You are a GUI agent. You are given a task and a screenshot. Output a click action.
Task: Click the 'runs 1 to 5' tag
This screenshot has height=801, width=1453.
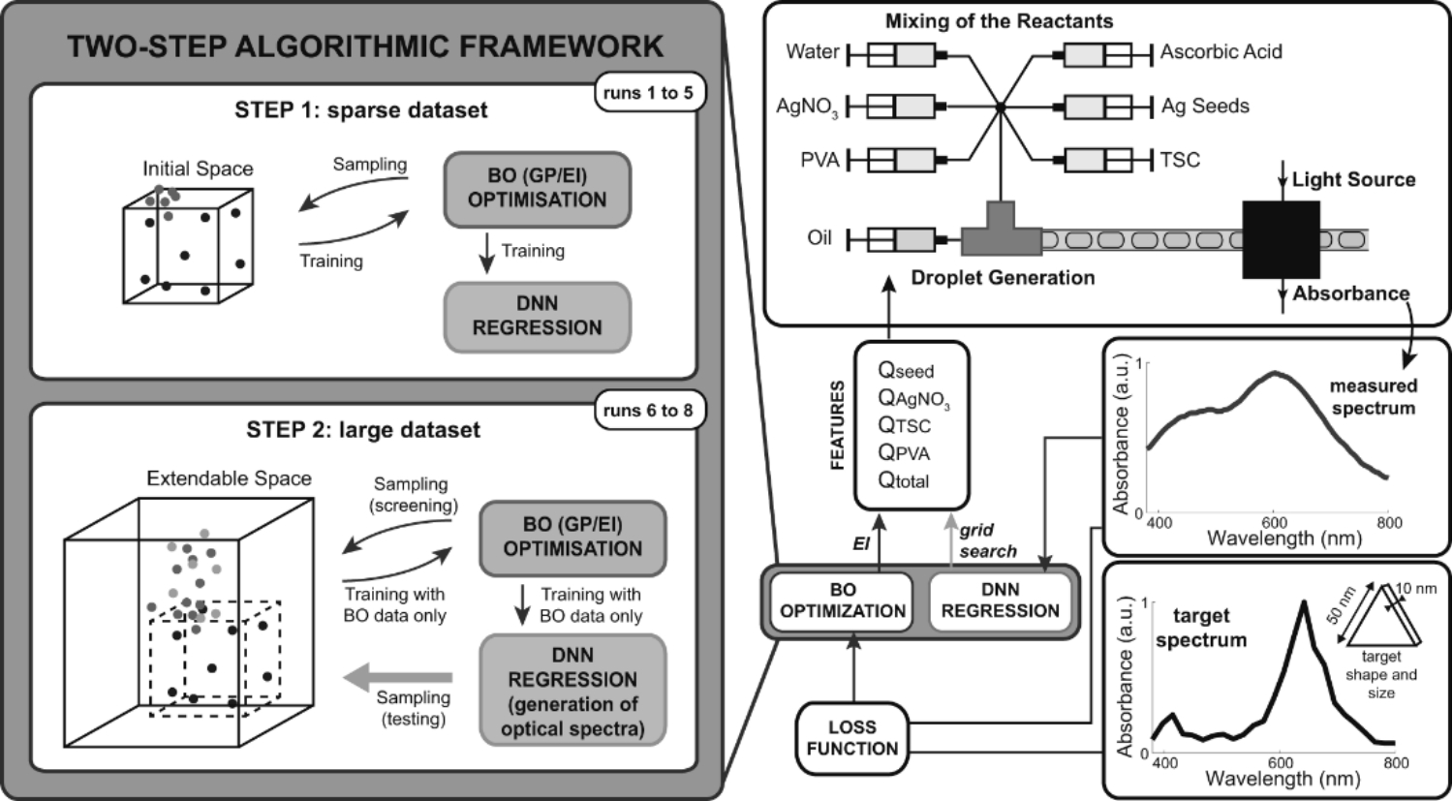click(x=648, y=93)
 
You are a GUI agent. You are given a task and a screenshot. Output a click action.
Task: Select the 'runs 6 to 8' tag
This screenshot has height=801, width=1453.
click(x=648, y=410)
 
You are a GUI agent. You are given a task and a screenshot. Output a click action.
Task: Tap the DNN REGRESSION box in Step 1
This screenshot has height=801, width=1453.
click(x=537, y=316)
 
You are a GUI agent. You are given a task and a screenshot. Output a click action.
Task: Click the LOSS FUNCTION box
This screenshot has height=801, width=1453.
click(x=851, y=738)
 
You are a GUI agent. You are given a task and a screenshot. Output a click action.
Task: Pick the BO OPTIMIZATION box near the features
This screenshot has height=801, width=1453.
click(x=842, y=601)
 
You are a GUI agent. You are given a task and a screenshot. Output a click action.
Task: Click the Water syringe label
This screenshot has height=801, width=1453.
click(x=812, y=51)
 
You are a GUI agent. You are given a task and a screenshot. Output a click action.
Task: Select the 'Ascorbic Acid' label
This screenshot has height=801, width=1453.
click(x=1221, y=51)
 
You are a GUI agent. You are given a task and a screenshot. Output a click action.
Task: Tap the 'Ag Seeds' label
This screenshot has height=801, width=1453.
click(x=1205, y=106)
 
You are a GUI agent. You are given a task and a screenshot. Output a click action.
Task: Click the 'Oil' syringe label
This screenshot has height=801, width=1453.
click(x=819, y=237)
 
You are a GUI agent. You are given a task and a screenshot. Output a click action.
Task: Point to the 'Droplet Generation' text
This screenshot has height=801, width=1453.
click(x=1003, y=278)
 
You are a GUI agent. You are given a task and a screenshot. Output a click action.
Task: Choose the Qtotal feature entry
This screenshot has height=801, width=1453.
click(x=903, y=480)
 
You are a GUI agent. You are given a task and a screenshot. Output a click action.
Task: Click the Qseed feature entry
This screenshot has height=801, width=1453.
click(x=906, y=370)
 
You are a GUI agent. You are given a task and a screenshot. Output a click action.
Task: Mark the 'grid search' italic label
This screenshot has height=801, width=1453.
click(x=987, y=540)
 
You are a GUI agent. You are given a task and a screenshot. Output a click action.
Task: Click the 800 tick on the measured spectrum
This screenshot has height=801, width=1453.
click(x=1389, y=523)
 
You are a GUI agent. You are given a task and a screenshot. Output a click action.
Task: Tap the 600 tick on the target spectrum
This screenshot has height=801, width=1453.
click(x=1281, y=762)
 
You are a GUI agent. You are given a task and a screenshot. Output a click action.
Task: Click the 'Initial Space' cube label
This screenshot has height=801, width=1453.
click(x=198, y=169)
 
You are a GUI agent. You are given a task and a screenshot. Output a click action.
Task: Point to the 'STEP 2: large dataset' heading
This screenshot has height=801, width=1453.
click(x=363, y=429)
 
